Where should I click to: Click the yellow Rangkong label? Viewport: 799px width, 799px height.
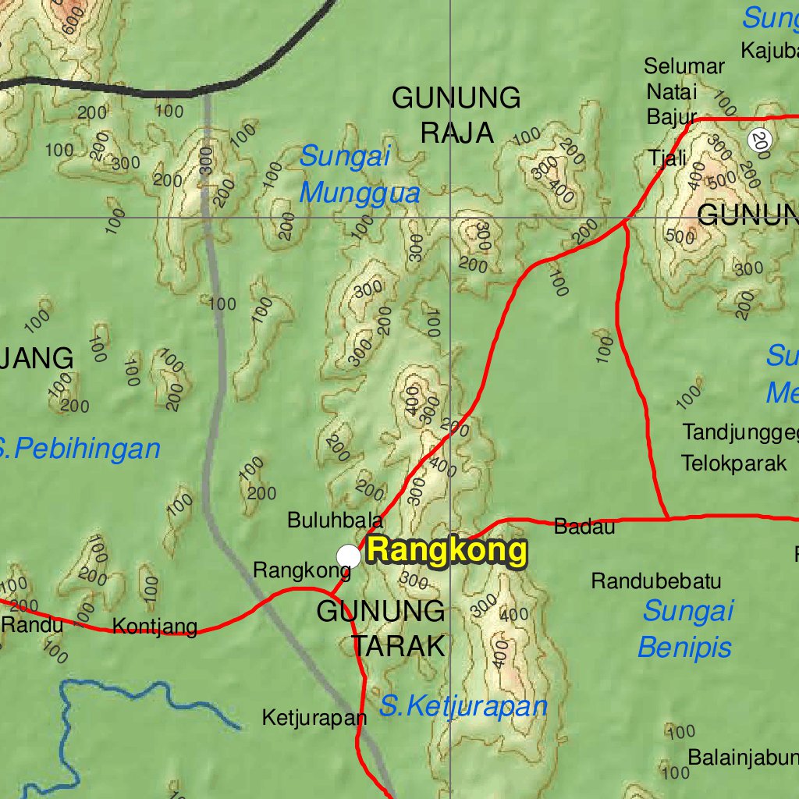pos(446,551)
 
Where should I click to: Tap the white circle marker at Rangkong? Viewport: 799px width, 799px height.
pos(348,556)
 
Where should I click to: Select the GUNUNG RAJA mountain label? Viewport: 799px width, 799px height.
pos(456,115)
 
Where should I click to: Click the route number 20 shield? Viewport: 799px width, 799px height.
pos(759,140)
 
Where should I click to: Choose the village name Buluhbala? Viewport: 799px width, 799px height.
pos(335,520)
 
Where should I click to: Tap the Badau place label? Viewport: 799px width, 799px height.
pos(584,527)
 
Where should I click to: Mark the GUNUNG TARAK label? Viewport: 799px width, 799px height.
pos(381,628)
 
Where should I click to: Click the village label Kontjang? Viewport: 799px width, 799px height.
pos(154,627)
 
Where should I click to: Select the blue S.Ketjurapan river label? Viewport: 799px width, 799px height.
pos(463,707)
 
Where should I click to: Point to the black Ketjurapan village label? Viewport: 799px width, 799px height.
pos(314,717)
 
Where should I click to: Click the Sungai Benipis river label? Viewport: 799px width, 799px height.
pos(687,629)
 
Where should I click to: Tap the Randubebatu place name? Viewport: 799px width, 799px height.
pos(655,581)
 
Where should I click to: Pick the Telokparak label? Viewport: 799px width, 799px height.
pos(733,463)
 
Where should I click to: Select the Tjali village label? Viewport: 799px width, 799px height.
pos(667,158)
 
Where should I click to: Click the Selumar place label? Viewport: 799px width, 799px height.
pos(684,67)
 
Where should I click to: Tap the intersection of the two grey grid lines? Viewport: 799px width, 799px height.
pos(450,218)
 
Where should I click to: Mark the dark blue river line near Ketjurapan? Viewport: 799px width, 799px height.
pos(148,694)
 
